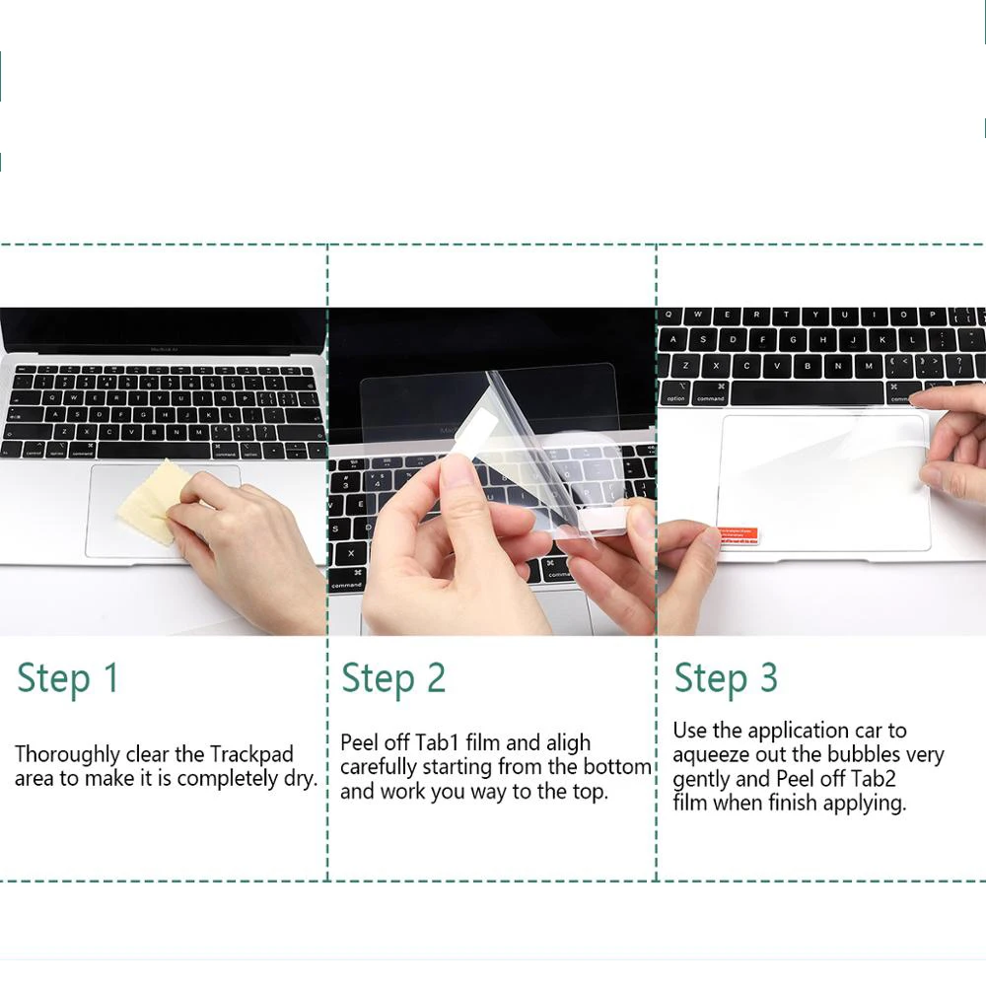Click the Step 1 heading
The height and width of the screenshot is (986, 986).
pyautogui.click(x=68, y=679)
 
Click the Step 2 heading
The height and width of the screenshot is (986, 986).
pyautogui.click(x=393, y=679)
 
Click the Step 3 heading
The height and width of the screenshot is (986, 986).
pyautogui.click(x=726, y=679)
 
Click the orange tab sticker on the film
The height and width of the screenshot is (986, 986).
pyautogui.click(x=739, y=535)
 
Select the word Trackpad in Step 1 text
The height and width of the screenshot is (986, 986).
pyautogui.click(x=251, y=753)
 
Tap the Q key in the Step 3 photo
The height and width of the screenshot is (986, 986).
pyautogui.click(x=669, y=314)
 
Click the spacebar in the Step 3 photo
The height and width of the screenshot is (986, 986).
pyautogui.click(x=807, y=394)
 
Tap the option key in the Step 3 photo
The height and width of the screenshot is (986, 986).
pyautogui.click(x=675, y=393)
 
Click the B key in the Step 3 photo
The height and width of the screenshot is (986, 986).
pyautogui.click(x=807, y=365)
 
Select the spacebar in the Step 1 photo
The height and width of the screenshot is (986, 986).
pyautogui.click(x=154, y=451)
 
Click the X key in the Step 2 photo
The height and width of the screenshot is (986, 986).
pyautogui.click(x=351, y=554)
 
